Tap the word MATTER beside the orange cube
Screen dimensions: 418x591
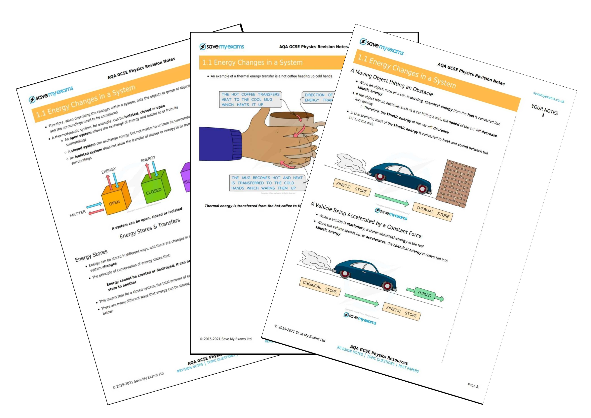click(x=78, y=214)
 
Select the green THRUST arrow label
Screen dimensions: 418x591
click(x=424, y=294)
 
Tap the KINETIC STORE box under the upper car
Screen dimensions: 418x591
click(x=352, y=188)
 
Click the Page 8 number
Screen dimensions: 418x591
click(x=473, y=385)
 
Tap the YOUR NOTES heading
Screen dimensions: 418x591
click(x=545, y=110)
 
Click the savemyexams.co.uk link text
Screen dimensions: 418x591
click(x=548, y=97)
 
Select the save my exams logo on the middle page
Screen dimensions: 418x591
click(x=222, y=47)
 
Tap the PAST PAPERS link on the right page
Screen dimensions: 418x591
click(x=409, y=368)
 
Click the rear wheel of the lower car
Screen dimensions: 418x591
click(x=345, y=273)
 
